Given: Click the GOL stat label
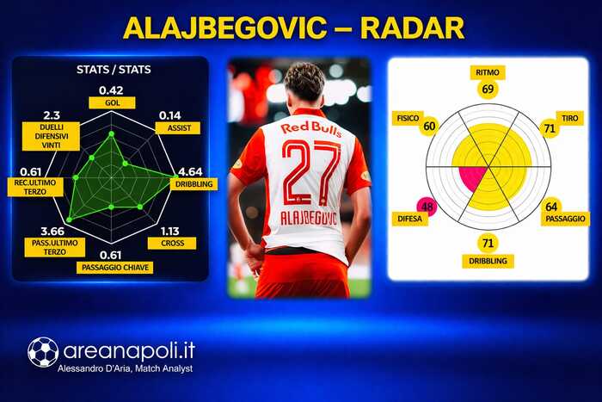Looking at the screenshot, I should point(111,102).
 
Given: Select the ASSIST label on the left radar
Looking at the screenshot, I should point(178,127).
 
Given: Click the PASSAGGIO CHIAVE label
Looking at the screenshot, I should point(110,268).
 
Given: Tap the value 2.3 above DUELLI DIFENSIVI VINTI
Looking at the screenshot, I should point(51,114).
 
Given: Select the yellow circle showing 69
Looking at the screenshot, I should point(488,89).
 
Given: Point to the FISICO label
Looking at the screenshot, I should point(406,115).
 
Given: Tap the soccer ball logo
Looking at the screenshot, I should point(43,351).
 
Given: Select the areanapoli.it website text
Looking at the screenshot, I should point(129,351).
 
